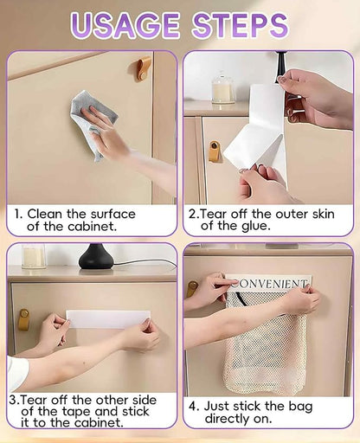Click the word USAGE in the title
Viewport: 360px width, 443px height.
pos(125,25)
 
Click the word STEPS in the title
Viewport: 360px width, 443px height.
pos(240,25)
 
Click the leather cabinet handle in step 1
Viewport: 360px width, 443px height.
pos(144,68)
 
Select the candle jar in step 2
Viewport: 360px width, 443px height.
pos(222,89)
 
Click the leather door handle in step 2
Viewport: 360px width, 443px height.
pos(214,151)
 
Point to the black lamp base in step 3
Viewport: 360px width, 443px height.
pos(95,257)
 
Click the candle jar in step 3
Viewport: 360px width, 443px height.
pos(34,256)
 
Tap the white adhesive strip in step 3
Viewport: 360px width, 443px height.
pos(108,319)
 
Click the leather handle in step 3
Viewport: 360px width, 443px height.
pos(23,319)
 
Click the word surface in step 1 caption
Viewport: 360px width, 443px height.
pos(113,214)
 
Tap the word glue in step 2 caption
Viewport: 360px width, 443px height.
pos(256,227)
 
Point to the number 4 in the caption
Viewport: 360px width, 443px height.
pos(193,407)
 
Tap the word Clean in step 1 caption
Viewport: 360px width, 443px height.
pos(45,214)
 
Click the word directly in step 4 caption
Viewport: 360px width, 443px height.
pos(228,419)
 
